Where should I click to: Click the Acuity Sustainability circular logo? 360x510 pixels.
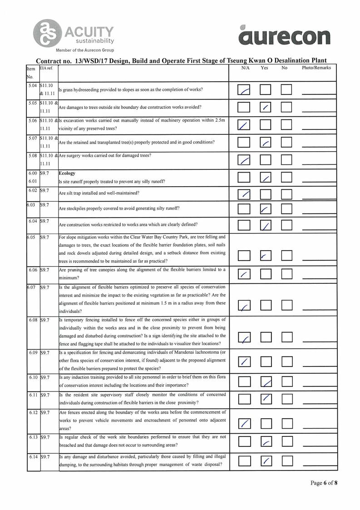click(47, 32)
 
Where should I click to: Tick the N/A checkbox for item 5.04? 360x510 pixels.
click(244, 90)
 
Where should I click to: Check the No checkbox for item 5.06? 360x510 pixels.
click(286, 124)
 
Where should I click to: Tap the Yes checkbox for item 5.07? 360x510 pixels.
click(266, 142)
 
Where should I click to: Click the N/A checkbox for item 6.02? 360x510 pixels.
click(244, 194)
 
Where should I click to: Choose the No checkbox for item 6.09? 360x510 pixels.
click(286, 361)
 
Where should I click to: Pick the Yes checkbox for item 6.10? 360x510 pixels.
click(266, 382)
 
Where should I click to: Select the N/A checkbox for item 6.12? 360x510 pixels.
click(244, 423)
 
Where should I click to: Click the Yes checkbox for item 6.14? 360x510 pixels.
click(266, 461)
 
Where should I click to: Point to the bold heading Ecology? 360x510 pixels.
click(68, 173)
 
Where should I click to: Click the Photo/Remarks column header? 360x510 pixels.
click(316, 68)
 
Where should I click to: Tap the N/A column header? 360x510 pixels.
click(246, 68)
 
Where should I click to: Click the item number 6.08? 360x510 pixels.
click(33, 320)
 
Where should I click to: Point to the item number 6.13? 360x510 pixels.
click(33, 437)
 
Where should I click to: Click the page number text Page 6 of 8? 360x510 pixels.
click(324, 483)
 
